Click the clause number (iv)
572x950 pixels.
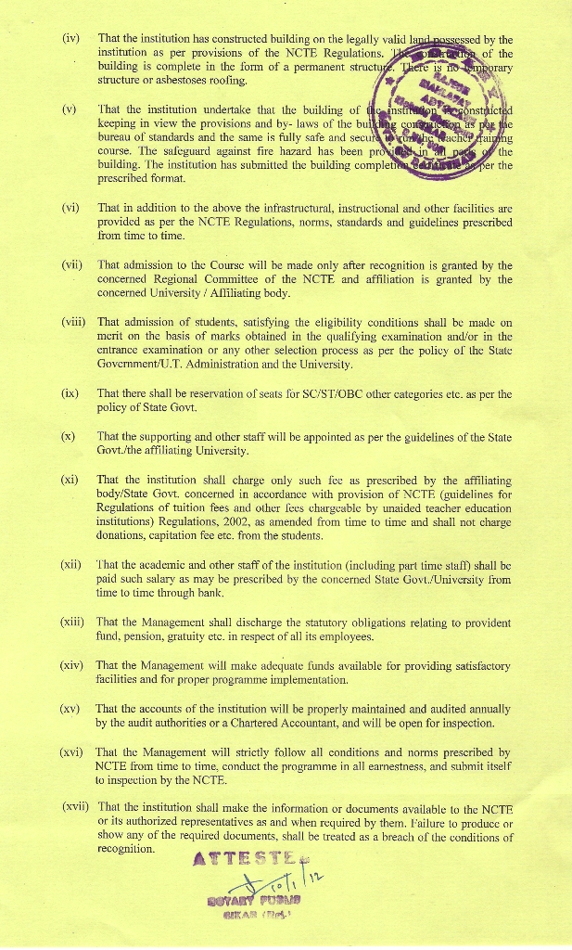click(70, 39)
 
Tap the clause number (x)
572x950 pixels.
click(70, 436)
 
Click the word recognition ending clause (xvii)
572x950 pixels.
click(126, 848)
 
